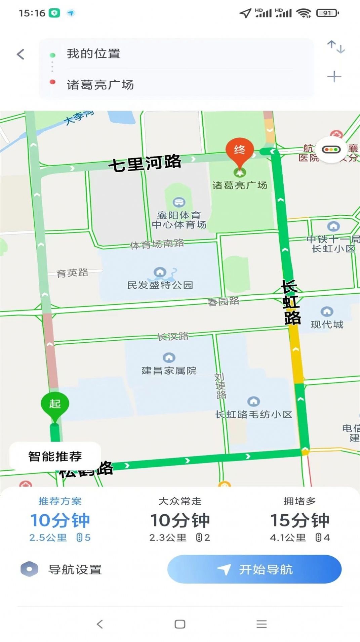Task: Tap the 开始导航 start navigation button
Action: (x=254, y=569)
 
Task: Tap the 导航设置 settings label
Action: (x=75, y=569)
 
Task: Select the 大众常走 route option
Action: (x=180, y=519)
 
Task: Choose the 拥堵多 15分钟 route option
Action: (x=299, y=519)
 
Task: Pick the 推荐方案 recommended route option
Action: (x=60, y=519)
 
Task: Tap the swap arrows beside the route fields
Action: (x=336, y=47)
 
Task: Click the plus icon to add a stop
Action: (x=334, y=77)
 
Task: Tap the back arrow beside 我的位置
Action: (x=21, y=54)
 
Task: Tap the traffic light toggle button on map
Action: (x=331, y=150)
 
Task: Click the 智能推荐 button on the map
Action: (x=55, y=456)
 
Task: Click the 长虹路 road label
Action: (x=291, y=302)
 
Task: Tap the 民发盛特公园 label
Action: (x=160, y=285)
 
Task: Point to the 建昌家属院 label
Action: (x=169, y=371)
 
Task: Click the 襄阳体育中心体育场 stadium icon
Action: (x=179, y=202)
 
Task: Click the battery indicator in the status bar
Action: (x=327, y=13)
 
